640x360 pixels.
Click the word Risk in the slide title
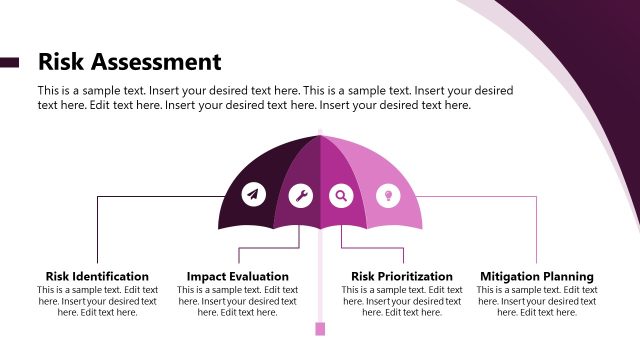pyautogui.click(x=63, y=62)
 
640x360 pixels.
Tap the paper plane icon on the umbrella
pyautogui.click(x=253, y=194)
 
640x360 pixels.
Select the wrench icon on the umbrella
pyautogui.click(x=300, y=196)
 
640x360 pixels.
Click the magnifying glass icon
pyautogui.click(x=341, y=196)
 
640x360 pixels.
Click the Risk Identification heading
pyautogui.click(x=97, y=276)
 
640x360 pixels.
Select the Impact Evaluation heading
pyautogui.click(x=238, y=276)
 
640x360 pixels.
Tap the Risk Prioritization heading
pyautogui.click(x=402, y=276)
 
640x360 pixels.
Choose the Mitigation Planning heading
pyautogui.click(x=537, y=276)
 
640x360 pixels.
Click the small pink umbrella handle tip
pyautogui.click(x=320, y=329)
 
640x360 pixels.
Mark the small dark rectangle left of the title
pyautogui.click(x=9, y=62)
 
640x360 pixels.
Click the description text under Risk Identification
pyautogui.click(x=97, y=301)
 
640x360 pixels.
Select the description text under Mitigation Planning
pyautogui.click(x=537, y=301)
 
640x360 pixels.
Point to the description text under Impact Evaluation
pyautogui.click(x=238, y=301)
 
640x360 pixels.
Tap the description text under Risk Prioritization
pyautogui.click(x=402, y=301)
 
